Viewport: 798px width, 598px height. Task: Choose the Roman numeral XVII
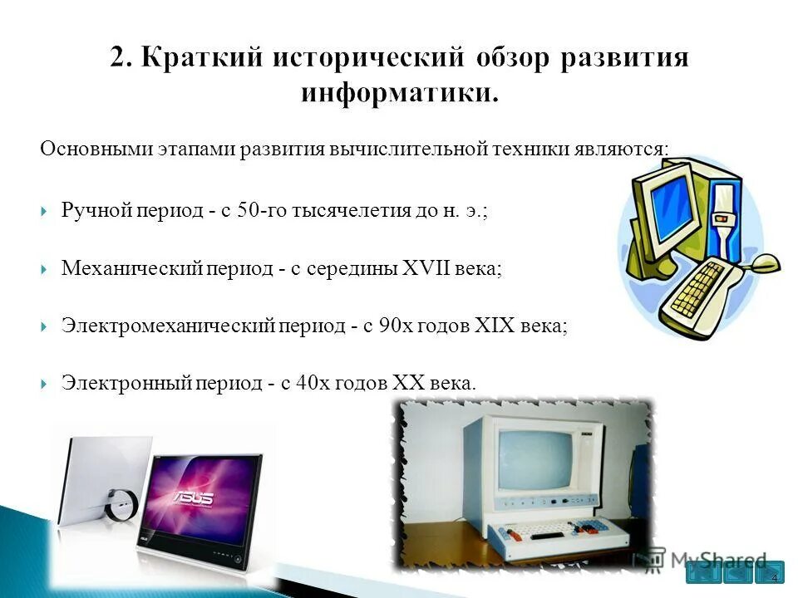(x=426, y=269)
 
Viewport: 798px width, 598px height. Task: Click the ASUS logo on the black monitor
(x=193, y=498)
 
